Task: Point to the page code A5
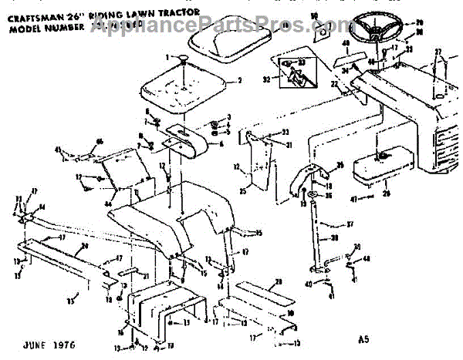point(364,336)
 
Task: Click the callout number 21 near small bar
point(144,272)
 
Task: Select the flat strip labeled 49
point(345,56)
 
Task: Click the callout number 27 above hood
point(438,52)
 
